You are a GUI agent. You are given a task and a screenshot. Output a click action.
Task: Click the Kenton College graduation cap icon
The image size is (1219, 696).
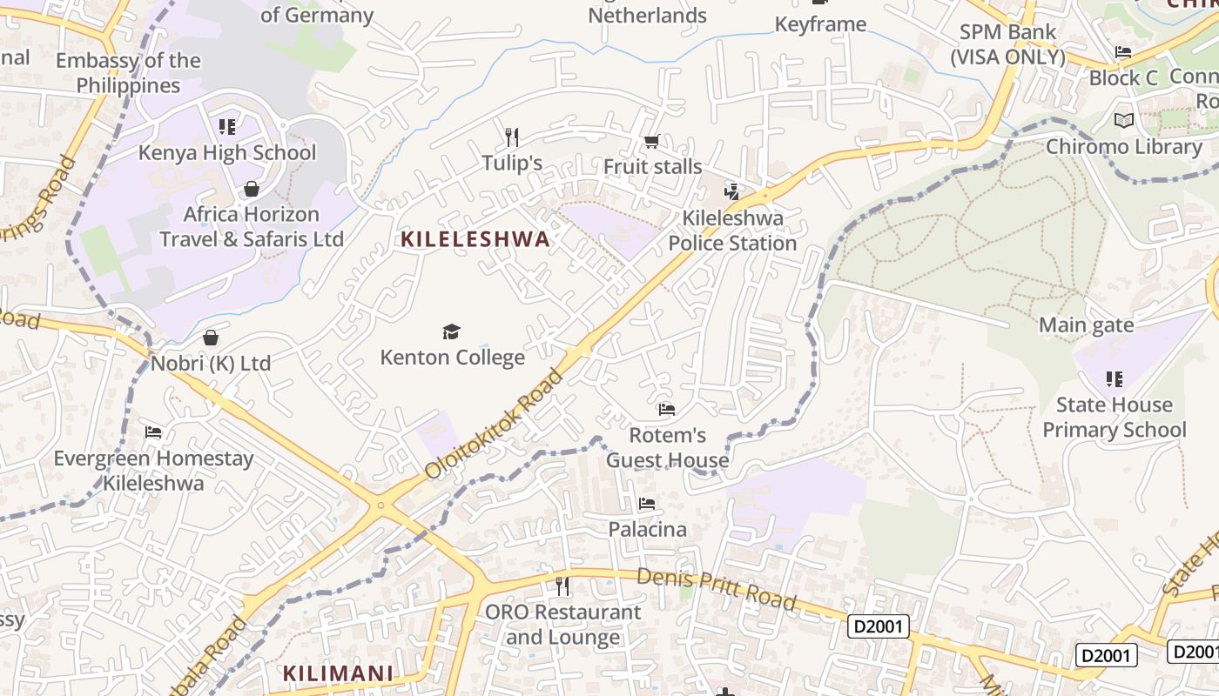[451, 331]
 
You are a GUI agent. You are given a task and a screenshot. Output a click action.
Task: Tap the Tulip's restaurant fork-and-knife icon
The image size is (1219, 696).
[512, 137]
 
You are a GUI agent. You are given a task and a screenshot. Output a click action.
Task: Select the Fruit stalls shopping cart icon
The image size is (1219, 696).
[651, 141]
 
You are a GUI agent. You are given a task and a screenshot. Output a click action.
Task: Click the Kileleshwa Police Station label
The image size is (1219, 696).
[732, 231]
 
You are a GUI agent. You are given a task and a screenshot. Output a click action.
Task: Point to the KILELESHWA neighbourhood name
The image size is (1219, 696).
[475, 239]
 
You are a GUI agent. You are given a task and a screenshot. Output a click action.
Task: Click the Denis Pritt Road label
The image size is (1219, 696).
[716, 589]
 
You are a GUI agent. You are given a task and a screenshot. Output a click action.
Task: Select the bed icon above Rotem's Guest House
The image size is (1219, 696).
[667, 409]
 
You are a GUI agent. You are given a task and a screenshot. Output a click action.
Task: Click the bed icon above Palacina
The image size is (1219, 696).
[646, 504]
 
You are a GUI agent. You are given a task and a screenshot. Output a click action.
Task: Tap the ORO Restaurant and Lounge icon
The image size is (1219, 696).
[562, 586]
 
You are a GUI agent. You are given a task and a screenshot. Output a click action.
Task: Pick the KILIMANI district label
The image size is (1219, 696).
[338, 673]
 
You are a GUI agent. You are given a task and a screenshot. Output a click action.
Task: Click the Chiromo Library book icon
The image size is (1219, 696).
[1123, 120]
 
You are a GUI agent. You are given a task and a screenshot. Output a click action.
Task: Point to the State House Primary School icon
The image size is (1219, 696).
[1114, 378]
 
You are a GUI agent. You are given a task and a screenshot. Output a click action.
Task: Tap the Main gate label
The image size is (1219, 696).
[1086, 325]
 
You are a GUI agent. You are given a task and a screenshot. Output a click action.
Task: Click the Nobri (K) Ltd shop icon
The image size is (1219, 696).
[210, 338]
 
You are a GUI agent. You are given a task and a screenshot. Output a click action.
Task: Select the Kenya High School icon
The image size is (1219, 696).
[227, 127]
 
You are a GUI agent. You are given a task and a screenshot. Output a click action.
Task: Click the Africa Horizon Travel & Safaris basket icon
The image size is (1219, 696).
[252, 189]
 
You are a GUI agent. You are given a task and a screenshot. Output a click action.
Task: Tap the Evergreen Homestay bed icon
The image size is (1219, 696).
[153, 432]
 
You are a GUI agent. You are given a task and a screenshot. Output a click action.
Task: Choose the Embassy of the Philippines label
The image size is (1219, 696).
[128, 73]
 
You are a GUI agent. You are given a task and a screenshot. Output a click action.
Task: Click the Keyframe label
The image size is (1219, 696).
[820, 23]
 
